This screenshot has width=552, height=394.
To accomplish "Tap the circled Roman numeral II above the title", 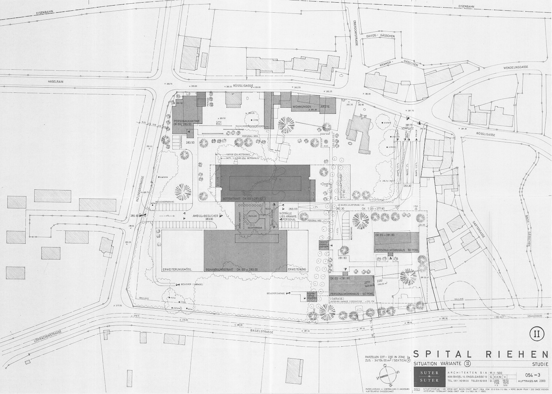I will point(536,334).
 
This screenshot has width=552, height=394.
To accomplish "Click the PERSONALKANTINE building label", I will point(188,121).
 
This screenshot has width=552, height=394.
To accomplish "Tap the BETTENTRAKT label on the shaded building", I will point(231,199).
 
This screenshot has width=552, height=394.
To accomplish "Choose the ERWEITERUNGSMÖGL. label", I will point(177,269).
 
